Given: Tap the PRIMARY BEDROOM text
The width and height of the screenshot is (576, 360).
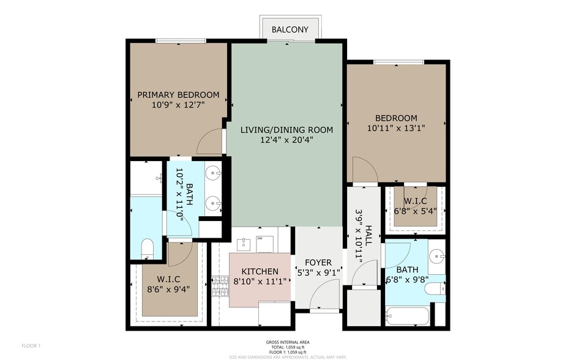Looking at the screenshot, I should pos(178,95).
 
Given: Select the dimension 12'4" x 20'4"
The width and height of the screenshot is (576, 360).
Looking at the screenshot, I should pos(286,140).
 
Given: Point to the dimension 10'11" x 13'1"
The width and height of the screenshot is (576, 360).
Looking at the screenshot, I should pos(396,129).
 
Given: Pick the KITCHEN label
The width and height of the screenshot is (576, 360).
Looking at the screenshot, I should pos(260,272).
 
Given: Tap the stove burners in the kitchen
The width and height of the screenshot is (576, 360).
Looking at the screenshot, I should pos(220,287).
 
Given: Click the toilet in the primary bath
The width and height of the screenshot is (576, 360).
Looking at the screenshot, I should pos(148,248).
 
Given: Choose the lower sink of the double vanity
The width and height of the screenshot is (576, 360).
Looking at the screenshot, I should pos(214,203).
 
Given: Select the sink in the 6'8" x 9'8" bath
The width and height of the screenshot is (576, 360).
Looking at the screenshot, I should pos(436,256).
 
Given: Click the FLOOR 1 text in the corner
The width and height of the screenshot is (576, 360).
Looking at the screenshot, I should pos(31,346).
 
